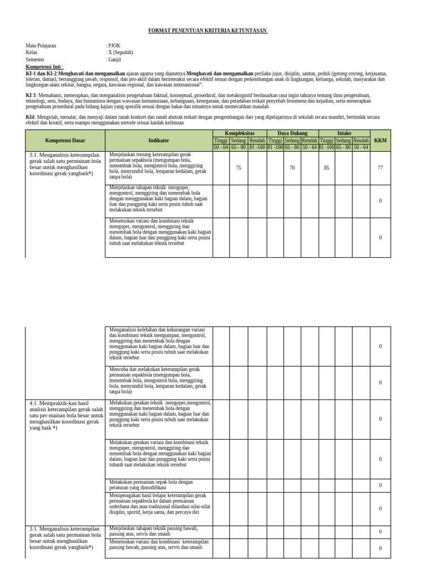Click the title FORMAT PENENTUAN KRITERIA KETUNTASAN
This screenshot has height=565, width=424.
tap(208, 31)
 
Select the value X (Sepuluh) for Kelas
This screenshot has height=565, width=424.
tap(120, 52)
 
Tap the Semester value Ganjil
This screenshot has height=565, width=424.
tap(114, 60)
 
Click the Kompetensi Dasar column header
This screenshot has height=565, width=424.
tap(65, 141)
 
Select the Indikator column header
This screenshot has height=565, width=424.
tap(158, 141)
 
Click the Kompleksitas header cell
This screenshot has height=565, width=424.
tap(239, 134)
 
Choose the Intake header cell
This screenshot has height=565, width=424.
tap(344, 134)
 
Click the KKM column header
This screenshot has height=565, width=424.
tap(380, 141)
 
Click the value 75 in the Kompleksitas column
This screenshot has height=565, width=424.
tap(239, 168)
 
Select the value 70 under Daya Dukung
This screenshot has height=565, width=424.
tap(292, 168)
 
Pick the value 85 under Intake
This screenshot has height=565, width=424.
tap(327, 168)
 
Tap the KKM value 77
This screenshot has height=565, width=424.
tap(380, 168)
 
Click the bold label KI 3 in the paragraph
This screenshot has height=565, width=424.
tap(30, 95)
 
